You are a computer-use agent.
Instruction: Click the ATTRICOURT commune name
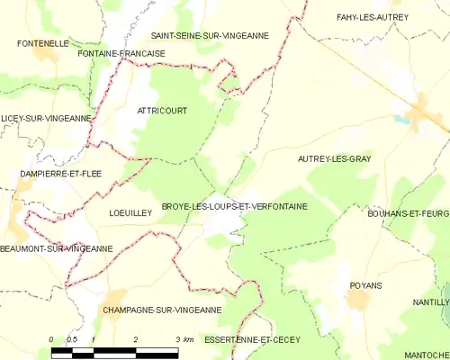pyautogui.click(x=162, y=110)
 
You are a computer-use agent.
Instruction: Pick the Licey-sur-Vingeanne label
pyautogui.click(x=46, y=118)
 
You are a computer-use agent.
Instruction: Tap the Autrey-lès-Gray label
pyautogui.click(x=334, y=158)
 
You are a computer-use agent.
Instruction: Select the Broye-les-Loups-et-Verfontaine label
pyautogui.click(x=234, y=206)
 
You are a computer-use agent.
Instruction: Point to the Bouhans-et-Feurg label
pyautogui.click(x=409, y=212)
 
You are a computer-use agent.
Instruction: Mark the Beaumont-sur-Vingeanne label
pyautogui.click(x=57, y=248)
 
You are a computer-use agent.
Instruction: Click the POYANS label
pyautogui.click(x=365, y=285)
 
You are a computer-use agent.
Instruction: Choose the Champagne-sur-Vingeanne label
pyautogui.click(x=162, y=310)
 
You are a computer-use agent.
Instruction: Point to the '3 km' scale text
pyautogui.click(x=184, y=340)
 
